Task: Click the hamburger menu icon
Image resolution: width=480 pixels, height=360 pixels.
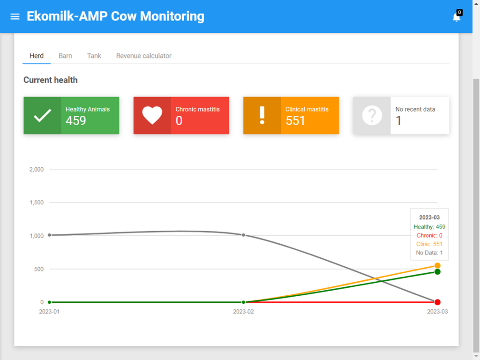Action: pos(15,16)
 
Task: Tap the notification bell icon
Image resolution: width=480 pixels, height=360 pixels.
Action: pos(457,17)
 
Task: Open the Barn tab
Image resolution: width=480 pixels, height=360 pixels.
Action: pos(65,56)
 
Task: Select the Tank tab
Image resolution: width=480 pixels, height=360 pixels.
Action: pos(94,56)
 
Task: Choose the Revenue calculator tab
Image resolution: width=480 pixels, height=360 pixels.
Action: pos(143,56)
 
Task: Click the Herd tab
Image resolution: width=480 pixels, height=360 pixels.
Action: pos(37,56)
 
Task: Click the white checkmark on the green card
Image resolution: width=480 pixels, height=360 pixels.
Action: pos(42,115)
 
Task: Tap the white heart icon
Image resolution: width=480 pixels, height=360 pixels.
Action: pos(152,115)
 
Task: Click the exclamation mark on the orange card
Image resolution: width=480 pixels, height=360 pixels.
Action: pos(262,115)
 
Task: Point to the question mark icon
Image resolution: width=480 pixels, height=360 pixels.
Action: pos(372,115)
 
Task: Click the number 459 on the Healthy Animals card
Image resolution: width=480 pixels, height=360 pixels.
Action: pos(75,120)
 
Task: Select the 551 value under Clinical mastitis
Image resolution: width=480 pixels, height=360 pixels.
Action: pos(295,120)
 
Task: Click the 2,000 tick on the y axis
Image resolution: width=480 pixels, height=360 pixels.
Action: pos(37,169)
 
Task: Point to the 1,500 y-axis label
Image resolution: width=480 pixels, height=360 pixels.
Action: pos(37,202)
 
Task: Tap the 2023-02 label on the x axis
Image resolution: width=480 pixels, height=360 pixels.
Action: pos(243,312)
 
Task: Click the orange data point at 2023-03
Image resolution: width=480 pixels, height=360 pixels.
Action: pos(437,265)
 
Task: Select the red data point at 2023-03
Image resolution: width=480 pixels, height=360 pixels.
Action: pos(437,302)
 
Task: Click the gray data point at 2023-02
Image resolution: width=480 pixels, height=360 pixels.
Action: pos(243,235)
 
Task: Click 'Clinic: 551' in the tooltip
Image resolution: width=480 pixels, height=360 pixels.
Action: pos(429,244)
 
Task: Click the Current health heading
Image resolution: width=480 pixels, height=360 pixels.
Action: pos(51,80)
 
